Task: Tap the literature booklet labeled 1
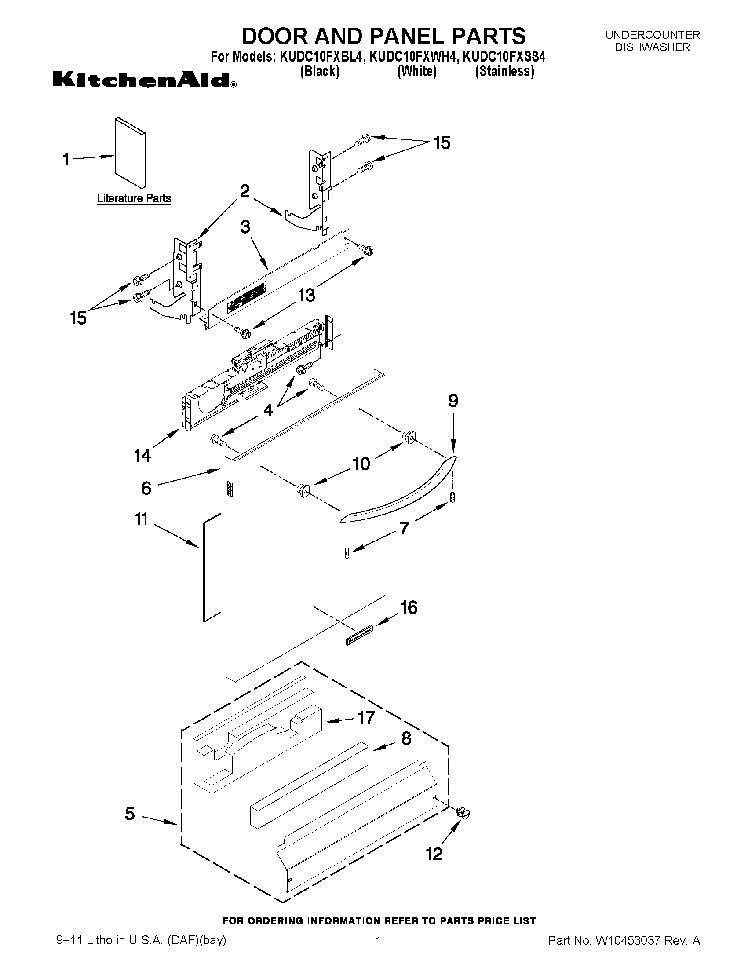(x=129, y=153)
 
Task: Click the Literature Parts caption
(x=134, y=198)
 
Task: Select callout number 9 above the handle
(x=453, y=401)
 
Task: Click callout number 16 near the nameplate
(x=409, y=608)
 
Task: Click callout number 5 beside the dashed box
(x=129, y=814)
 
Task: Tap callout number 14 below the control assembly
(x=142, y=455)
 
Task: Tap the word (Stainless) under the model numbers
(x=504, y=71)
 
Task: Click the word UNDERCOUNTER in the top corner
(x=652, y=35)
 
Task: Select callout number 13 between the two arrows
(x=306, y=295)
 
